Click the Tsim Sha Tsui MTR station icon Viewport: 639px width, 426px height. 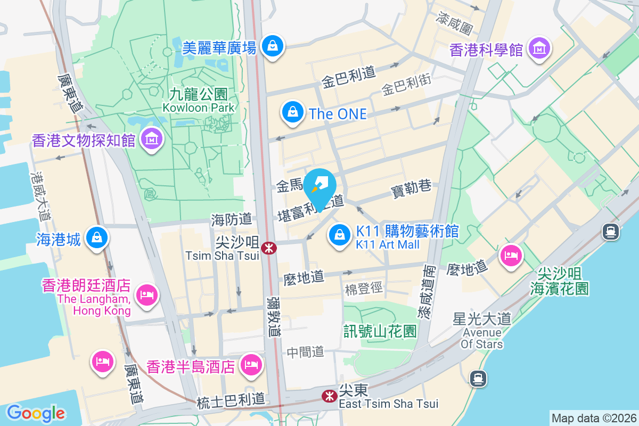coord(269,247)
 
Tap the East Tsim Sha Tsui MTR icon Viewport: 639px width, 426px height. coord(329,396)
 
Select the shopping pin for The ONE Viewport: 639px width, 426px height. coord(292,113)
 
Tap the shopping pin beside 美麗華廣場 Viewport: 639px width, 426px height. coord(273,46)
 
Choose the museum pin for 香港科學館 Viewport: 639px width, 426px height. coord(539,48)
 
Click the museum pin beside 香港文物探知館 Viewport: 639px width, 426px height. coord(152,139)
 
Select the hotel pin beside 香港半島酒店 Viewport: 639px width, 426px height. coord(250,365)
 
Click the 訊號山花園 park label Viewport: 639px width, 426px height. coord(380,331)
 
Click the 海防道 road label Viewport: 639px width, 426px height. coord(231,218)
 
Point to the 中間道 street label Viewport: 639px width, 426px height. coord(305,351)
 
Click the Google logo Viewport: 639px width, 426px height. coord(36,413)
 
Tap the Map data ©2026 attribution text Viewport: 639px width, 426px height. coord(594,418)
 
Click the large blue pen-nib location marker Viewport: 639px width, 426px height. coord(319,186)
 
